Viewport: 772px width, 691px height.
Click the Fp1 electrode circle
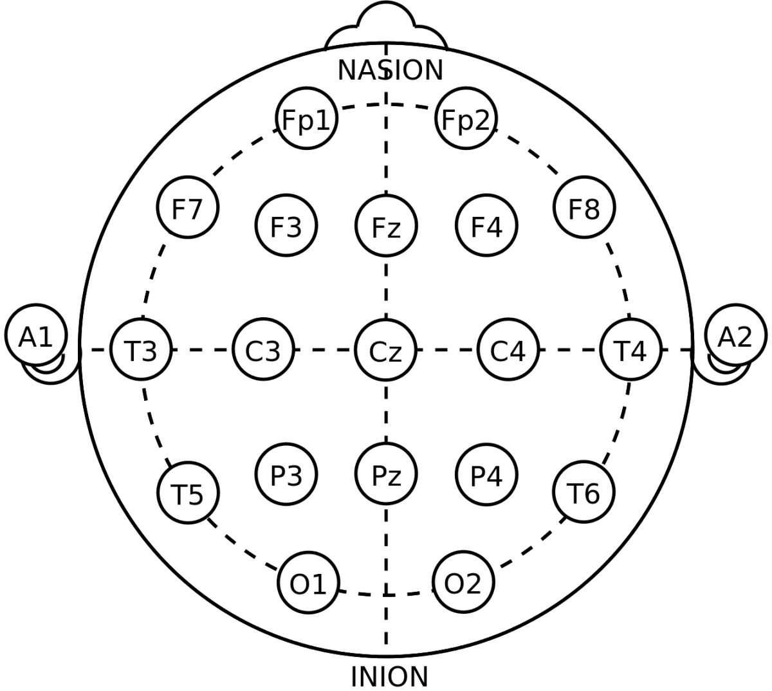point(307,120)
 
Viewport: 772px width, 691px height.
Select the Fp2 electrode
point(466,120)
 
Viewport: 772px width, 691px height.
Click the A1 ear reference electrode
point(35,336)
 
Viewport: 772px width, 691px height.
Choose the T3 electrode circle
point(141,351)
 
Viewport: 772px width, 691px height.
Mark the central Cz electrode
point(386,351)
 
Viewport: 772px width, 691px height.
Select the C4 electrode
point(508,351)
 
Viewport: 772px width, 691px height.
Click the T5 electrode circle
point(188,493)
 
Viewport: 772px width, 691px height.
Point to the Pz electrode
point(386,475)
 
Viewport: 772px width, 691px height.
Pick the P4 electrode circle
point(486,475)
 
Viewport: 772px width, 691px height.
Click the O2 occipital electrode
point(463,583)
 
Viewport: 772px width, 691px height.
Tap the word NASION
point(391,70)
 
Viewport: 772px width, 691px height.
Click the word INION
point(389,676)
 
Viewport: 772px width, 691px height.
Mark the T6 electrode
point(584,493)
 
